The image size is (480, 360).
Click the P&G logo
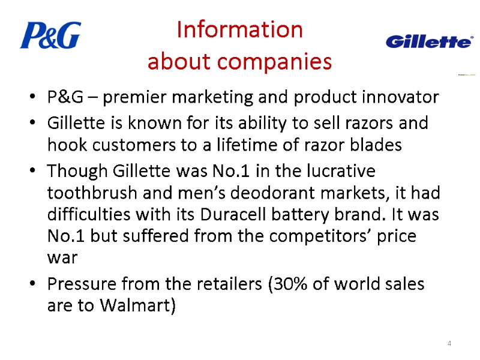pyautogui.click(x=50, y=35)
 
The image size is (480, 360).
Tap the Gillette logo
pyautogui.click(x=428, y=41)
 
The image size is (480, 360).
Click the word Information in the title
pyautogui.click(x=240, y=30)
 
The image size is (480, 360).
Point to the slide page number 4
pyautogui.click(x=449, y=343)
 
